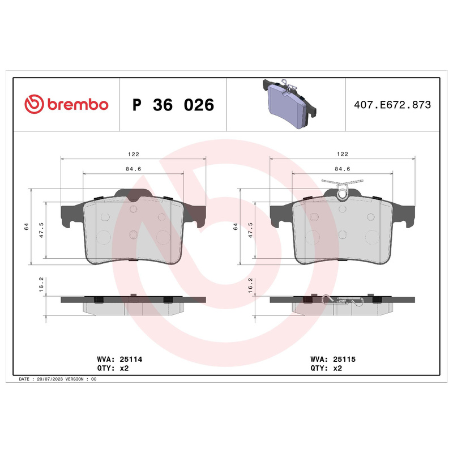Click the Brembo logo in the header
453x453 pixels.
[66, 104]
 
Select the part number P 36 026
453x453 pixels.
[173, 105]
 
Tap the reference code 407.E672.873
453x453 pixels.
[392, 105]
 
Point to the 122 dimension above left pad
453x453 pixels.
[134, 154]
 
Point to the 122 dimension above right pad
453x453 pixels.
[343, 154]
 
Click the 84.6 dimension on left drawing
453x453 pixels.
[134, 169]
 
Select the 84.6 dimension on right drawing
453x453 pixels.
[343, 169]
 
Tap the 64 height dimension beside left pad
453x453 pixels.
[26, 226]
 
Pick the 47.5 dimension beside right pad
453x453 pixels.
[250, 230]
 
